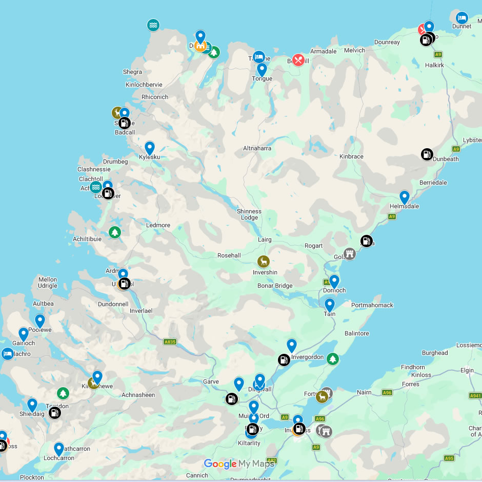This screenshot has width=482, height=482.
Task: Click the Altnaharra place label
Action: [257, 148]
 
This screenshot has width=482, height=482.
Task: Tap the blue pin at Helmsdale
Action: [405, 197]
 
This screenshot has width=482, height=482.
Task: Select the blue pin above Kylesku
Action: [150, 148]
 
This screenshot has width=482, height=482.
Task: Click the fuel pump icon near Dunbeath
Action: [427, 154]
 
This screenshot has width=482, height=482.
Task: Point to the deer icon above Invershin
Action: [263, 262]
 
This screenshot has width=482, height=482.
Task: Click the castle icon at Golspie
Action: [350, 253]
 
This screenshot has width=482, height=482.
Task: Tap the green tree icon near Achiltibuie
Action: [114, 232]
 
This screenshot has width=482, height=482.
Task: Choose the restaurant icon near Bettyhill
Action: [298, 60]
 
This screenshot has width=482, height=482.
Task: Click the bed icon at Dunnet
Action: [462, 18]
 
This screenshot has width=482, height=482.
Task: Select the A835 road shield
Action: [170, 342]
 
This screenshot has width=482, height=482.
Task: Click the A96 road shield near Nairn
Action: [387, 393]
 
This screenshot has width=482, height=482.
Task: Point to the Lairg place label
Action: [265, 239]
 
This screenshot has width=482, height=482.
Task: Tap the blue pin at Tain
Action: [330, 305]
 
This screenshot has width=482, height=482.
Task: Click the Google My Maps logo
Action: [238, 464]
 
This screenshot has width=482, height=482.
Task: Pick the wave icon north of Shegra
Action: [153, 25]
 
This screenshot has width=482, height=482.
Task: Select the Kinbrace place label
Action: [351, 156]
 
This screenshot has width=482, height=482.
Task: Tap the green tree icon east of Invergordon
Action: [333, 359]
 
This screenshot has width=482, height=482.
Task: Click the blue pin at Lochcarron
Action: [59, 449]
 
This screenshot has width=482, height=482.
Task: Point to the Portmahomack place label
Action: [372, 305]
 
